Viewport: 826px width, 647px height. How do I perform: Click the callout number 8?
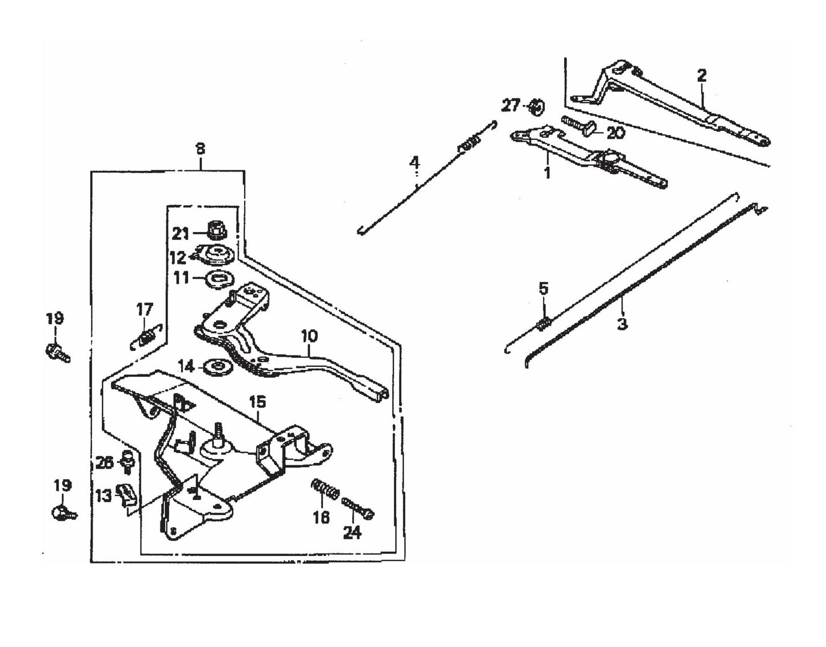click(x=200, y=149)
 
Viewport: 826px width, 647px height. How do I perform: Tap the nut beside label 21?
click(x=217, y=230)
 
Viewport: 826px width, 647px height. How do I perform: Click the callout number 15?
click(x=257, y=402)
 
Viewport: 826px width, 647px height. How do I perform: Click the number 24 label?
click(x=352, y=533)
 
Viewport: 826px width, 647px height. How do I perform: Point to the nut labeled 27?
click(x=536, y=106)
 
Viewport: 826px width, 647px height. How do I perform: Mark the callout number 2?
click(x=701, y=75)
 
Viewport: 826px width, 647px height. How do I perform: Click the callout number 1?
click(x=547, y=172)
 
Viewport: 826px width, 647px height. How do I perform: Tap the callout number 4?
click(x=414, y=163)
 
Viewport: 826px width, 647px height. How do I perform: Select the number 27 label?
click(x=510, y=106)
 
